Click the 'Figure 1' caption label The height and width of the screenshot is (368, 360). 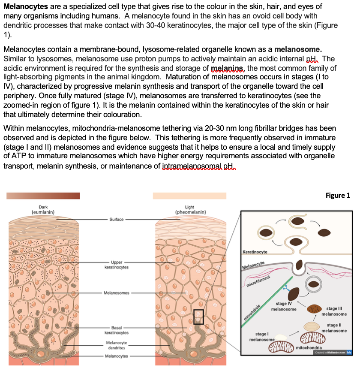tap(338, 196)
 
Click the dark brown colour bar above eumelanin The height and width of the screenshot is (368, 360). tap(43, 196)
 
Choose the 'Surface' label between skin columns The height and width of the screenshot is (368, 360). tap(116, 219)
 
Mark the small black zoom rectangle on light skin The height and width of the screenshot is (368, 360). tap(198, 317)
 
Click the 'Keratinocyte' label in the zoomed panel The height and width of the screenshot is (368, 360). tap(255, 252)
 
